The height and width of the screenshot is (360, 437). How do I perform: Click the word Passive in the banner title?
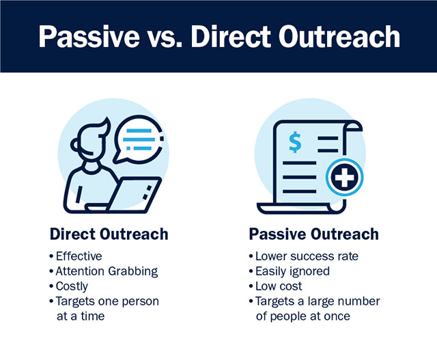(x=89, y=37)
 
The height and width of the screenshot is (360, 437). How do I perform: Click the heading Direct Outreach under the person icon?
(x=109, y=234)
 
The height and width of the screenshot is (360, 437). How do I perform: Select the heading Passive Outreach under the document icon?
(x=314, y=234)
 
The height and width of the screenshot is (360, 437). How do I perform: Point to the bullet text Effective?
(x=79, y=256)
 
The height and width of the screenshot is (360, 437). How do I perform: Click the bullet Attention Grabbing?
(x=107, y=271)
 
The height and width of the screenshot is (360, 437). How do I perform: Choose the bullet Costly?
(x=72, y=286)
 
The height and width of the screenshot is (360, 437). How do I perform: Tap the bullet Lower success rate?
(x=307, y=256)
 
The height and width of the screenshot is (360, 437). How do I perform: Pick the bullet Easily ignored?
(x=293, y=271)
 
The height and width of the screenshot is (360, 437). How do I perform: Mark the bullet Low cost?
(x=279, y=286)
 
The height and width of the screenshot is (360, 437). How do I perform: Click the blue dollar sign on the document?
(x=295, y=143)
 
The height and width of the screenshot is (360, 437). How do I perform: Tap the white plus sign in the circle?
(x=344, y=177)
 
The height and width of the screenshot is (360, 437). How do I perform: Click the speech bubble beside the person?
(x=138, y=139)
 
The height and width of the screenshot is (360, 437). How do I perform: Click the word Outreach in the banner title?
(x=339, y=37)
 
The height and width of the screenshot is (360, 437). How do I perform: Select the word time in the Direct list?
(x=93, y=316)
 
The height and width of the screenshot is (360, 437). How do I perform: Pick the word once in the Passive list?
(x=338, y=316)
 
